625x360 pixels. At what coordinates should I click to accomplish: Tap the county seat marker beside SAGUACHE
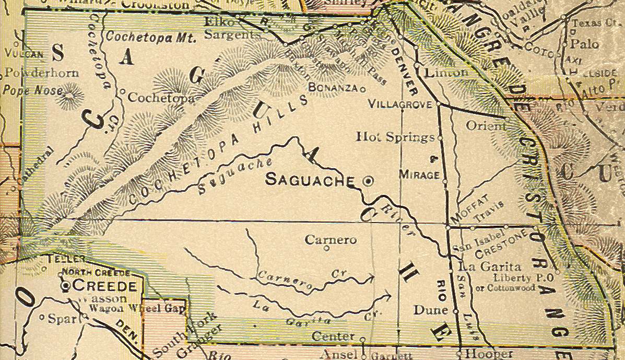click(x=368, y=181)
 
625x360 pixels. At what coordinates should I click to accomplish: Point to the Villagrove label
click(x=400, y=104)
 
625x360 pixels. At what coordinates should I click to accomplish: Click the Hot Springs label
click(x=395, y=137)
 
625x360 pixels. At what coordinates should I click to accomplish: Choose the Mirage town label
click(x=419, y=175)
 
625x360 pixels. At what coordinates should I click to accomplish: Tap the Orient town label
click(x=486, y=126)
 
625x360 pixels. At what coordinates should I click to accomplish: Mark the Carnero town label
click(x=331, y=240)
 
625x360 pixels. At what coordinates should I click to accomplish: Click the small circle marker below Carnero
click(x=327, y=249)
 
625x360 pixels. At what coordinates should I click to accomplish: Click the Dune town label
click(x=431, y=310)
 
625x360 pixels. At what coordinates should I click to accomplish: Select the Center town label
click(x=333, y=336)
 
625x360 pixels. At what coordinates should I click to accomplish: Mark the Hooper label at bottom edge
click(x=481, y=353)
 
